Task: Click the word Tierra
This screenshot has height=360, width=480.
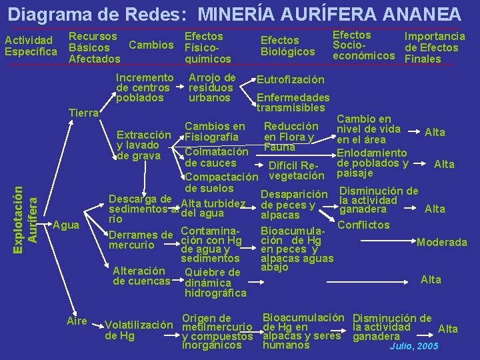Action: tap(84, 113)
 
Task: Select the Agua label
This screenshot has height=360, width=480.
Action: tap(66, 225)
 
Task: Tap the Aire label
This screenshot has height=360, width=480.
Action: tap(77, 321)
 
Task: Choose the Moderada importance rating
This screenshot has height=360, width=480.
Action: tap(441, 242)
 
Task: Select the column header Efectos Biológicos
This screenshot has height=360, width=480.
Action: tap(287, 46)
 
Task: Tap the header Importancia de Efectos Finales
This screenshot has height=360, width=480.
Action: tap(435, 47)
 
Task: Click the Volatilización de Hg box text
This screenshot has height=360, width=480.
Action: tap(138, 330)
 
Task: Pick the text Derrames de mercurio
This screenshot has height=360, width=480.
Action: tap(141, 240)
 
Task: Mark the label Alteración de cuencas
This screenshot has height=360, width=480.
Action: tap(141, 276)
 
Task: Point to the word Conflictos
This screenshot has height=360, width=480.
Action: tap(363, 225)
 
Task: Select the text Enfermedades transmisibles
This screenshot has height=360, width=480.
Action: tap(293, 102)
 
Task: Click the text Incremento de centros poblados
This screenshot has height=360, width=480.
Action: tap(144, 88)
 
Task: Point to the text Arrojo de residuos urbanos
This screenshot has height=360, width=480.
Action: tap(212, 88)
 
